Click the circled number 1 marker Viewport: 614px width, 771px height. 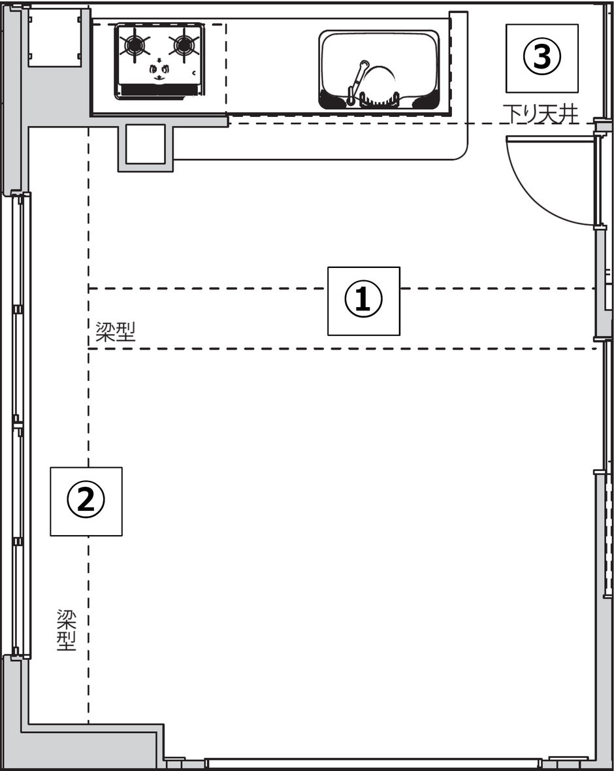(x=363, y=301)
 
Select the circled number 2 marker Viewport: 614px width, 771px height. (x=86, y=501)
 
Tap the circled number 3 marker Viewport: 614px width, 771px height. (x=541, y=57)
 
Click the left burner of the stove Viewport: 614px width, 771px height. (x=135, y=45)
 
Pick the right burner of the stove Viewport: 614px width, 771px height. (x=184, y=45)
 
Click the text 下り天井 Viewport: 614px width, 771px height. (x=541, y=115)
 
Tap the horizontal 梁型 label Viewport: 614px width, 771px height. (x=115, y=333)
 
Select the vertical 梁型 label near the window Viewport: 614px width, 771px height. (x=67, y=630)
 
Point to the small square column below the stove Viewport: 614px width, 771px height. (x=145, y=145)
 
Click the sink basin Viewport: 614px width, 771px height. (x=379, y=69)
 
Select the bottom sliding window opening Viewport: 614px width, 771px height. (x=372, y=763)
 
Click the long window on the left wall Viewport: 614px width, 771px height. (x=18, y=425)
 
